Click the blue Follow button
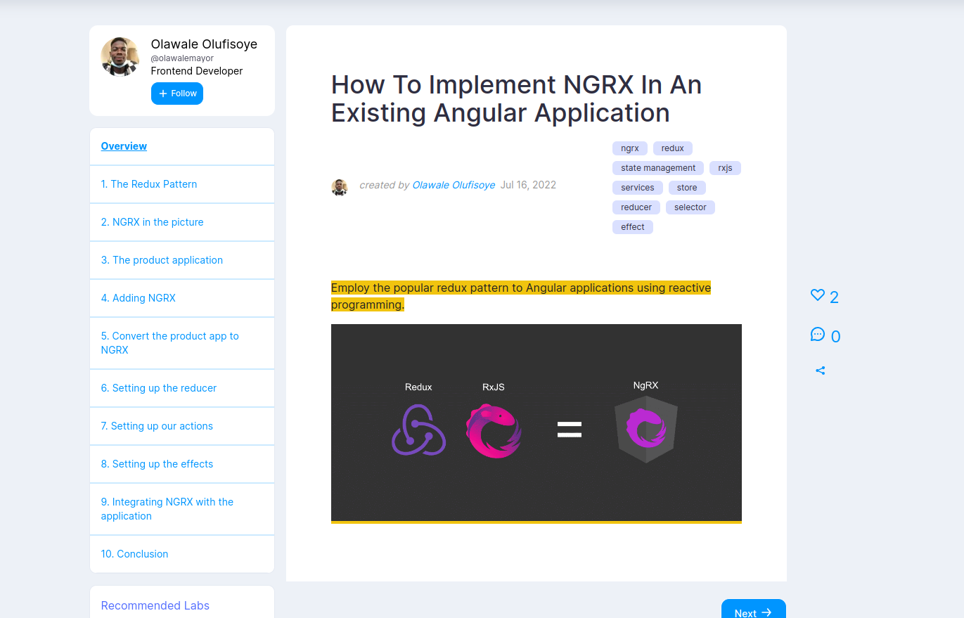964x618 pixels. [x=177, y=94]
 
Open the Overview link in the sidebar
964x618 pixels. [x=124, y=146]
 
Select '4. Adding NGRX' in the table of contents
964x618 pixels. [x=138, y=298]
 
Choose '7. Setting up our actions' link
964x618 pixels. [x=157, y=425]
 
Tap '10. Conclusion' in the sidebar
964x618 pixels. [x=134, y=554]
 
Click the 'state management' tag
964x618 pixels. [x=658, y=168]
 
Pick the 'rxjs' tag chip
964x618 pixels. [x=725, y=168]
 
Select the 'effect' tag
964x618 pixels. [x=633, y=227]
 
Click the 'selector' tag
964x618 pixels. [x=690, y=207]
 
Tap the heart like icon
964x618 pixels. [x=817, y=295]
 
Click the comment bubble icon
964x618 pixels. [x=817, y=335]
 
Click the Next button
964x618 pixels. [x=754, y=610]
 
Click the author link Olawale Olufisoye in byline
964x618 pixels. [x=454, y=185]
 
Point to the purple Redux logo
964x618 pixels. [x=418, y=430]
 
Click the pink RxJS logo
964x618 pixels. [x=494, y=430]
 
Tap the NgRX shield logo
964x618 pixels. [x=646, y=430]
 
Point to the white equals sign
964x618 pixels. [x=570, y=430]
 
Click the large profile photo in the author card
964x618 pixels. [x=120, y=57]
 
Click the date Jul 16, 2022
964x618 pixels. [x=528, y=185]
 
